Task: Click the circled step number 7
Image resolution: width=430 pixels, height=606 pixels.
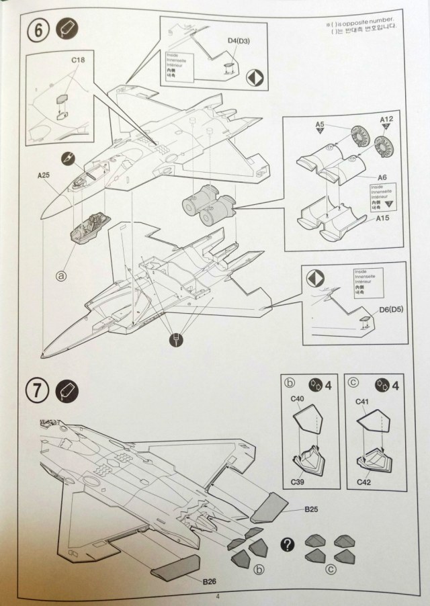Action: (38, 390)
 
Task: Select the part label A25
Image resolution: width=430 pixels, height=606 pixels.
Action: (44, 176)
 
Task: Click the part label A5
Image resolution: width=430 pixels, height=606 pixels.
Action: (320, 124)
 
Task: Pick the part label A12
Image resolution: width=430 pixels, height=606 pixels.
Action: (386, 120)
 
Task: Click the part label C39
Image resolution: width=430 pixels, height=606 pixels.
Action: (296, 481)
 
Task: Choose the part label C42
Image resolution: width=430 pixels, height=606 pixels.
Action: (363, 481)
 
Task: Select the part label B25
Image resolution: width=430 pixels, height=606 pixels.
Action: (310, 510)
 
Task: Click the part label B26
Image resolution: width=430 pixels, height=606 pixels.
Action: (210, 581)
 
